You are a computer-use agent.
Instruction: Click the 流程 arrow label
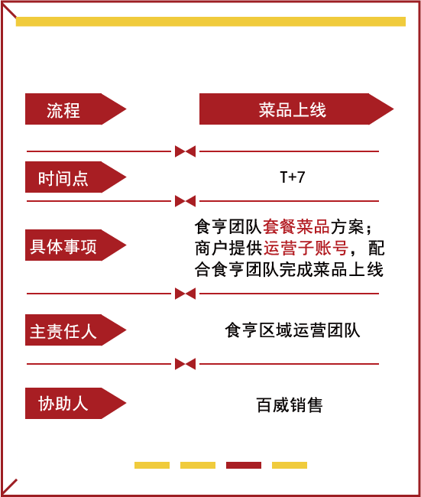click(76, 109)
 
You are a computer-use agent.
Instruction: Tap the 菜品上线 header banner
click(296, 109)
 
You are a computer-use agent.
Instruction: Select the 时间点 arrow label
click(76, 177)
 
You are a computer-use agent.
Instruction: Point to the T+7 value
click(293, 177)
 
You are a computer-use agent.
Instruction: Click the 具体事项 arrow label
click(76, 245)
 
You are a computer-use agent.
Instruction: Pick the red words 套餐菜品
click(296, 226)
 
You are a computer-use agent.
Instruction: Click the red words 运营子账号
click(306, 248)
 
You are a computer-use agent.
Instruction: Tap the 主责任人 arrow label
click(76, 330)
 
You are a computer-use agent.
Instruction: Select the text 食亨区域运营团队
click(293, 330)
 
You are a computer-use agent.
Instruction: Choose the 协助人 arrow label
click(76, 403)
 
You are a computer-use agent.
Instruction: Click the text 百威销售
click(290, 405)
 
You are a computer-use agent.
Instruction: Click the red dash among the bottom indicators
click(244, 465)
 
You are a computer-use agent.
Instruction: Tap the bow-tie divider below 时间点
click(186, 201)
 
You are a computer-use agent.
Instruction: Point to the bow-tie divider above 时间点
click(186, 151)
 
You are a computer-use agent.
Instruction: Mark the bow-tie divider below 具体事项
click(186, 294)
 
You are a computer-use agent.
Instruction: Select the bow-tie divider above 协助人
click(186, 364)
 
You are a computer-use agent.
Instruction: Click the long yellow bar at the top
click(211, 21)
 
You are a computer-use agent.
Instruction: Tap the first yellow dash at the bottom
click(152, 465)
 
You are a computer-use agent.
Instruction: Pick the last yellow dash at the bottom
click(290, 465)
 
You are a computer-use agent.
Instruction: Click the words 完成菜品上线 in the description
click(332, 269)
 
